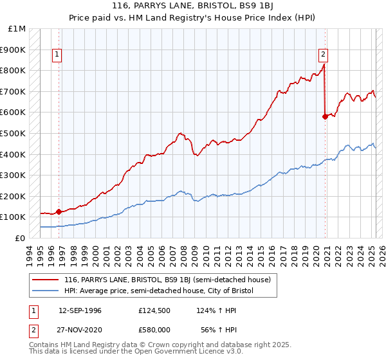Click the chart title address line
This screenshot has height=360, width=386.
(x=192, y=6)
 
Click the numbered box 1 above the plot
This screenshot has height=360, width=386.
(x=57, y=55)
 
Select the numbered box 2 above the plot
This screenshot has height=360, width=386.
(x=322, y=55)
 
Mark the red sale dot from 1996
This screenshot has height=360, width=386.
(x=59, y=211)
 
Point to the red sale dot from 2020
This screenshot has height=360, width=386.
(x=325, y=116)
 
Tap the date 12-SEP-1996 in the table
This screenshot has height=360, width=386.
(x=80, y=310)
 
